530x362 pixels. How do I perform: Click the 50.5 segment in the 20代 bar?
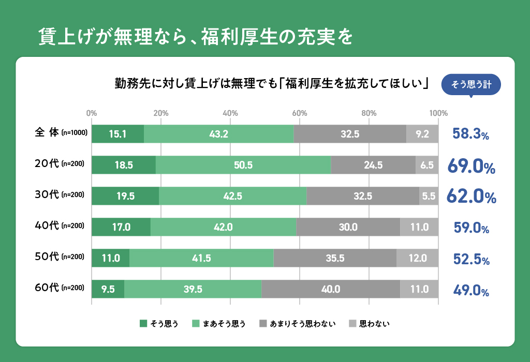(x=243, y=165)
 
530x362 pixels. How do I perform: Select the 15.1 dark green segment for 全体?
(x=117, y=134)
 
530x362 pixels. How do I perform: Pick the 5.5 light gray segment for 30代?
(x=429, y=196)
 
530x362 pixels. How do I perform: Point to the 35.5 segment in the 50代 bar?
(x=335, y=258)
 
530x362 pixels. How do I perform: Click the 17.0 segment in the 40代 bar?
(x=121, y=227)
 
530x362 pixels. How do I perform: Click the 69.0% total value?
(x=472, y=167)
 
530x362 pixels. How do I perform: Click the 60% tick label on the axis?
(x=299, y=113)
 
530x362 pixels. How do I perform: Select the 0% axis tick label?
(x=92, y=113)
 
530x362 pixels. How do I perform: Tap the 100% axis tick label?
(x=439, y=113)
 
